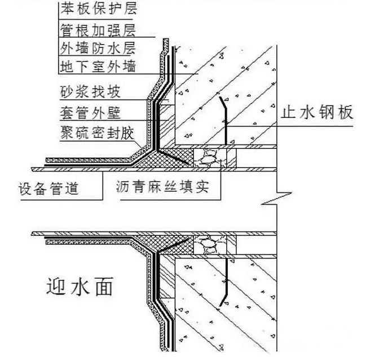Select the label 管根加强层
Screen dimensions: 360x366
pos(98,28)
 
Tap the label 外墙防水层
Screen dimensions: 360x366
pos(98,47)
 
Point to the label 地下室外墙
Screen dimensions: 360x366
pos(98,67)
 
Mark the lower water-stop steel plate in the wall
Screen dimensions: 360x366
pos(226,280)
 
